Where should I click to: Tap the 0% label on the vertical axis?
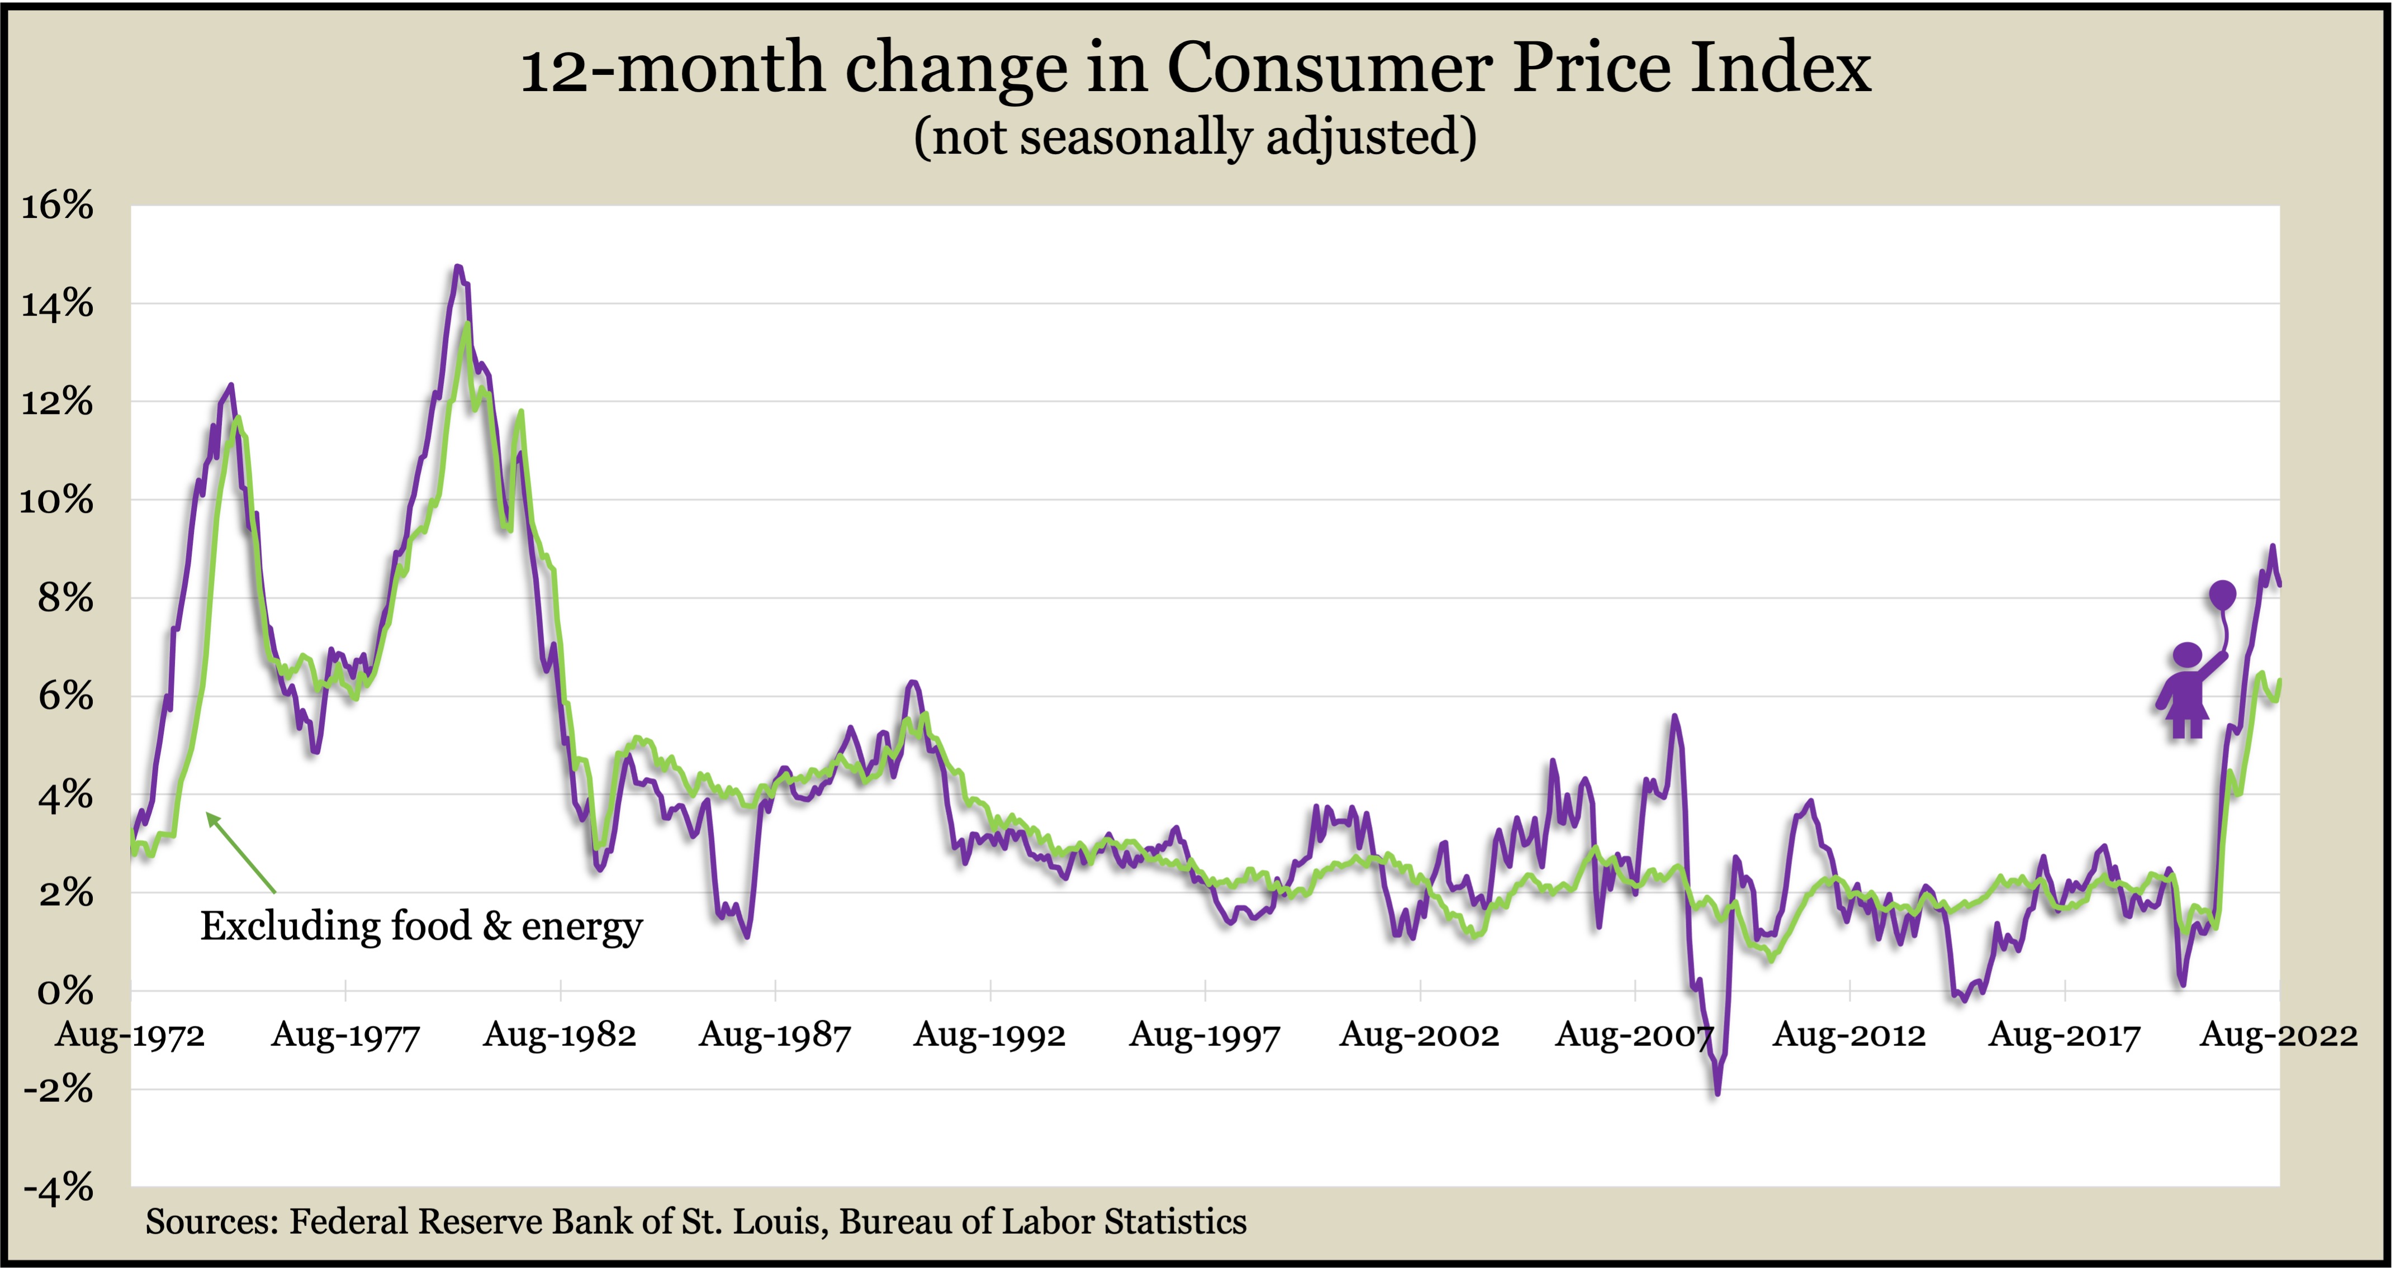pos(65,991)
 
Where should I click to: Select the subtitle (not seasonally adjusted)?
pos(1195,137)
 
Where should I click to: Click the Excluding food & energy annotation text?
pos(421,926)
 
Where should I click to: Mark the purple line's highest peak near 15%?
pos(457,267)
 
